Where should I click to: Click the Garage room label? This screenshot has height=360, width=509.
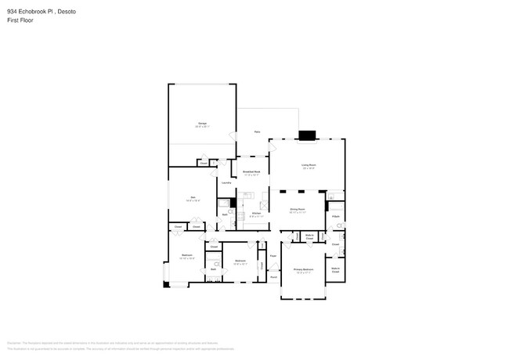click(202, 124)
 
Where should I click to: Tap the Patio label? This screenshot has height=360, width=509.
click(257, 132)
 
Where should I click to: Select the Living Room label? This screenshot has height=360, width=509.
click(309, 164)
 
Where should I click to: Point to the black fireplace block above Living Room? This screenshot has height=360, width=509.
click(308, 135)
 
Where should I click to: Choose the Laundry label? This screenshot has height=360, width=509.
click(226, 182)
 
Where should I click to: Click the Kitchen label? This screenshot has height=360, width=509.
click(255, 213)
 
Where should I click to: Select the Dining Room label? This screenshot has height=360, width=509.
click(298, 209)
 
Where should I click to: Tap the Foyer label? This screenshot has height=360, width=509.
click(273, 256)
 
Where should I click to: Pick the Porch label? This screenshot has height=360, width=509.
click(273, 277)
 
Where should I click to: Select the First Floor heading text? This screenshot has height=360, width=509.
click(21, 21)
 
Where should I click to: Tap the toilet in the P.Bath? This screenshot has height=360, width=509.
click(340, 225)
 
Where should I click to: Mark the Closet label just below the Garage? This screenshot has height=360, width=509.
click(203, 163)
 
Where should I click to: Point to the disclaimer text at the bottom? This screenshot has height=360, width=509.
click(157, 346)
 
